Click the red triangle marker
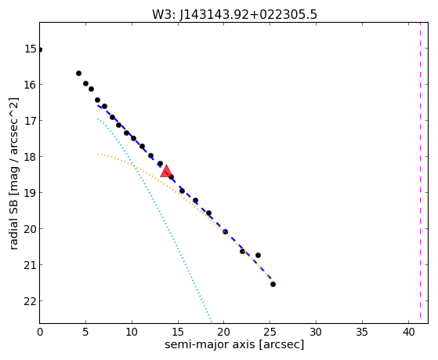coord(166,171)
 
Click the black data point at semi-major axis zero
coord(40,49)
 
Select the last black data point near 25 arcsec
coord(273,284)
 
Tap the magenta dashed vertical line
coord(420,173)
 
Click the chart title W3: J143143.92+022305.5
coord(234,14)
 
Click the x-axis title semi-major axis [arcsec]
coord(234,344)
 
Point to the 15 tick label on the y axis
coord(31,49)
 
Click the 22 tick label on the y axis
coord(31,301)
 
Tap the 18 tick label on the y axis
coord(31,157)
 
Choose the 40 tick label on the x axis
coord(408,332)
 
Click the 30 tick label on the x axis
coord(317,332)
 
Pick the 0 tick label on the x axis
coord(40,332)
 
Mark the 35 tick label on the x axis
coord(362,332)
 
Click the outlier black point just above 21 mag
coord(258,255)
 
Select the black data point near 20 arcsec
coord(225,231)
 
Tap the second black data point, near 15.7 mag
coord(79,73)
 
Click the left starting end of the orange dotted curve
coord(98,154)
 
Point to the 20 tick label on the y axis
coord(31,229)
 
